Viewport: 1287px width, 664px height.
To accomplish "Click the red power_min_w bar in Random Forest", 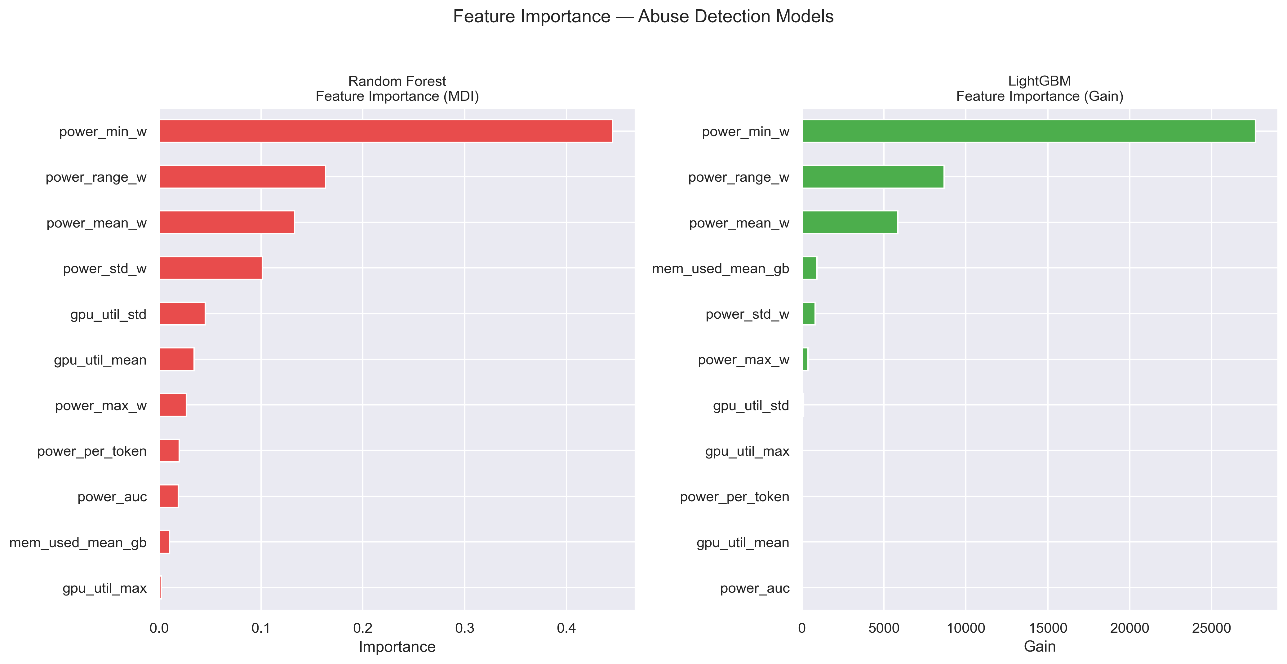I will point(386,131).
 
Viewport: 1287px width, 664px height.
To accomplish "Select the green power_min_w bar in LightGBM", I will point(1028,131).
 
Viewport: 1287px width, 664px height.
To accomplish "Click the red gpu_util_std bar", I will point(182,314).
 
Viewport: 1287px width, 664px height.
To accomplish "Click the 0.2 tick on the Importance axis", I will point(363,628).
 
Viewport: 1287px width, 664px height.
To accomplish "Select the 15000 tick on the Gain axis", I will point(1048,628).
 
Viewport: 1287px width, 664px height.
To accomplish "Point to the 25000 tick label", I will point(1211,628).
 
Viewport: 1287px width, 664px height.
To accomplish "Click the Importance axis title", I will point(397,647).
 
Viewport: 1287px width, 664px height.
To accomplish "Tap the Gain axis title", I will point(1040,647).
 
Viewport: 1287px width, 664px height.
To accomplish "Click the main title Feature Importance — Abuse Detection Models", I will point(643,16).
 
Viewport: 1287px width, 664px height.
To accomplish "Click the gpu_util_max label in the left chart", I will point(104,588).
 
